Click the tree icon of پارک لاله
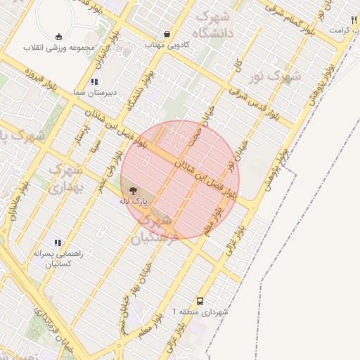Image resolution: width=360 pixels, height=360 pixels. coord(133,189)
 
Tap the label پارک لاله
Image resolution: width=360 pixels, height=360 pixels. coord(134,201)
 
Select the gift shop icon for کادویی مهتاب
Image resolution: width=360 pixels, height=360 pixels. coord(167,34)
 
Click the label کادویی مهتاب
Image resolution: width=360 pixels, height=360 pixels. coord(165,44)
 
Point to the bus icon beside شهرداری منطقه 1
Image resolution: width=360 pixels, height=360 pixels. coord(200,300)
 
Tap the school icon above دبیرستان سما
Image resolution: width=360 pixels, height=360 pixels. coord(95,82)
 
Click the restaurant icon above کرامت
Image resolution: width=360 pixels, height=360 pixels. coord(353,20)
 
